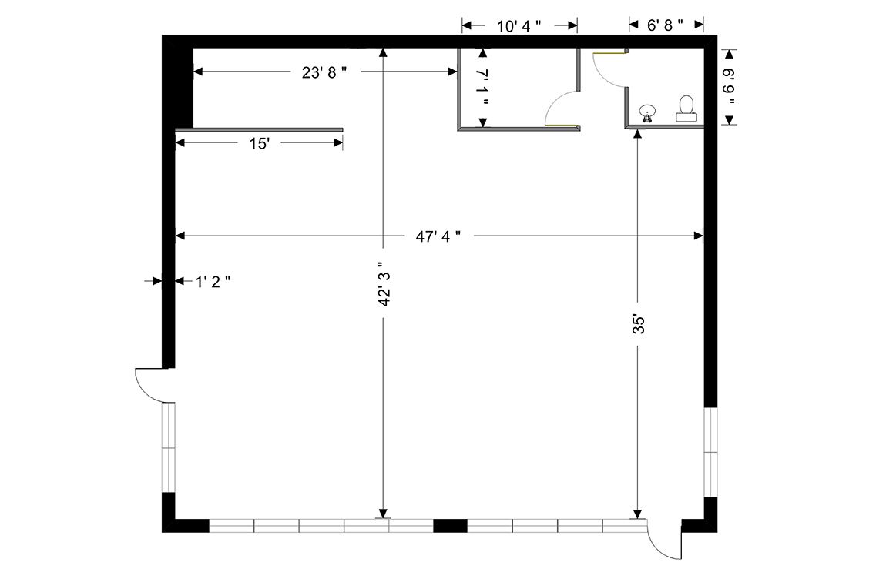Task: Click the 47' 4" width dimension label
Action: pyautogui.click(x=438, y=236)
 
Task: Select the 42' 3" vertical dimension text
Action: pyautogui.click(x=384, y=284)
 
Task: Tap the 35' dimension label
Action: pyautogui.click(x=638, y=325)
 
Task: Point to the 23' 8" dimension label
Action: pyautogui.click(x=324, y=72)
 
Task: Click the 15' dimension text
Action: pyautogui.click(x=260, y=143)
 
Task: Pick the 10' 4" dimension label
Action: pyautogui.click(x=519, y=26)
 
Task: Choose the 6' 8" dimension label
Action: pyautogui.click(x=665, y=25)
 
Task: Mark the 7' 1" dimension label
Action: pyautogui.click(x=482, y=87)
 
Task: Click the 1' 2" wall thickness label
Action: pyautogui.click(x=213, y=281)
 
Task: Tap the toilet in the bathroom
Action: pyautogui.click(x=686, y=109)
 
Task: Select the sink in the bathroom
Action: pyautogui.click(x=647, y=113)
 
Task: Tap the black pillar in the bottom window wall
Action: pyautogui.click(x=450, y=526)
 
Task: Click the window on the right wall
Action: pyautogui.click(x=710, y=453)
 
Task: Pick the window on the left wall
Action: pyautogui.click(x=169, y=447)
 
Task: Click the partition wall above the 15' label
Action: pyautogui.click(x=260, y=130)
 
